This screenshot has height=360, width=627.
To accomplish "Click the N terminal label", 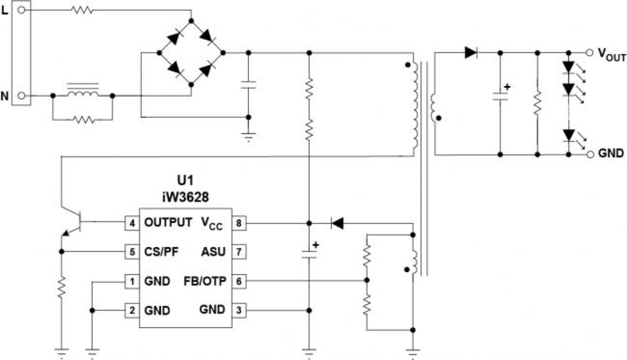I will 5,95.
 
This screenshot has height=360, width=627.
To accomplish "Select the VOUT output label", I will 612,54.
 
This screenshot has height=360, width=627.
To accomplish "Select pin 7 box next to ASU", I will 239,251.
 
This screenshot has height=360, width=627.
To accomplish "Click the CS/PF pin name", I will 161,251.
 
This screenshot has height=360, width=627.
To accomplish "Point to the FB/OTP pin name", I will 205,281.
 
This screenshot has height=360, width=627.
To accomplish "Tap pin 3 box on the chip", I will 239,310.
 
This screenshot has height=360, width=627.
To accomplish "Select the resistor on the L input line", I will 81,10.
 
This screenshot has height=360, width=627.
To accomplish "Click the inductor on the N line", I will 82,94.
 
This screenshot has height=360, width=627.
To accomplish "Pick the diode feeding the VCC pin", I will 338,223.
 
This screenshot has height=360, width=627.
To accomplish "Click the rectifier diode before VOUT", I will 471,52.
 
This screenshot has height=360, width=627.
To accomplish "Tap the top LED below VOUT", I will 568,67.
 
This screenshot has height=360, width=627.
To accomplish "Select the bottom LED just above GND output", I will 568,135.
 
